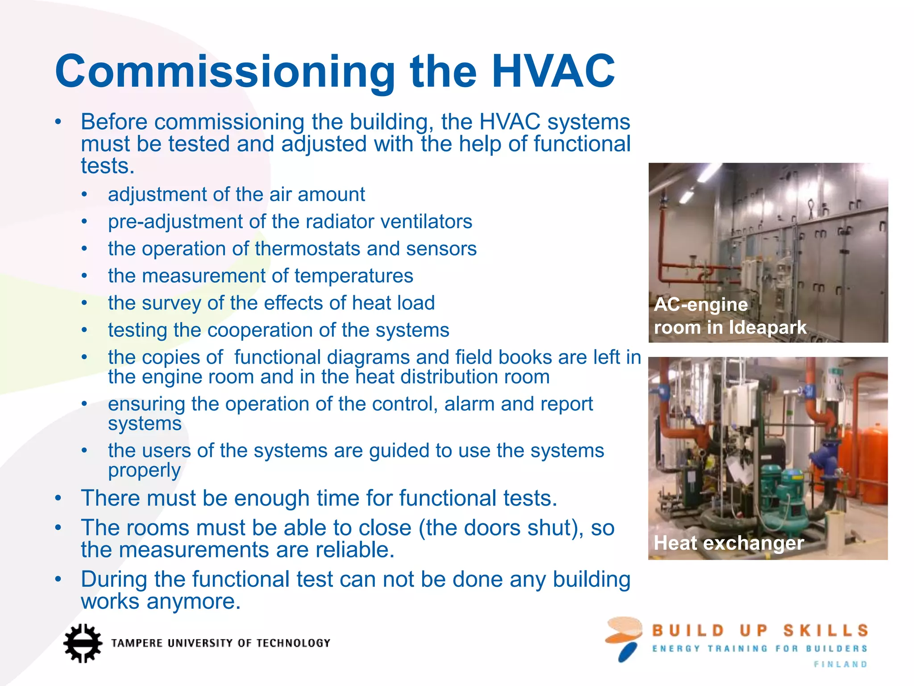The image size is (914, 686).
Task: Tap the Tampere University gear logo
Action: pos(82,643)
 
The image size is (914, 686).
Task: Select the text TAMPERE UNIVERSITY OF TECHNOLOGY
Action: pos(221,643)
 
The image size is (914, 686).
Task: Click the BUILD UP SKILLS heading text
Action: pos(760,631)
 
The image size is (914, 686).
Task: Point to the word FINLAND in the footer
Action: pos(840,665)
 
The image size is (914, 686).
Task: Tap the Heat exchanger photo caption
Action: pos(728,543)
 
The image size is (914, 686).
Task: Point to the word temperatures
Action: pos(353,276)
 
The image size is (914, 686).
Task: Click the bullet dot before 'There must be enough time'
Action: pos(58,498)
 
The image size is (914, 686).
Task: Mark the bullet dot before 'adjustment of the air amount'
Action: pos(85,195)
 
